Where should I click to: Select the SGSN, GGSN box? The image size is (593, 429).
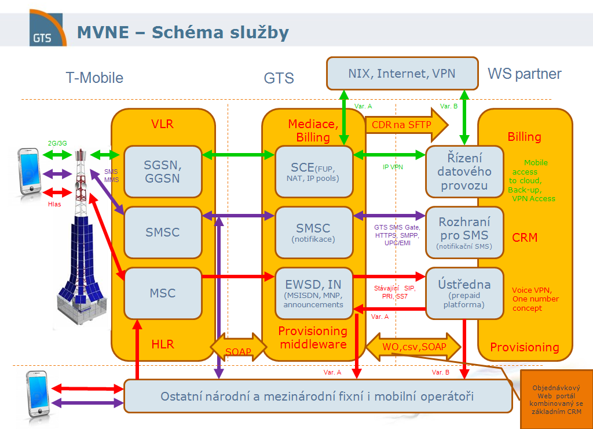pos(162,172)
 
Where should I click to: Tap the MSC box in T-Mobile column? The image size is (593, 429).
pos(162,293)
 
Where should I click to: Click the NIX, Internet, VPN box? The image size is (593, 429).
pos(402,74)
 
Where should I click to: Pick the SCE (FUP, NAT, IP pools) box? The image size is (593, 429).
pos(314,171)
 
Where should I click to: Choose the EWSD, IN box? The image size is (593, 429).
pos(314,293)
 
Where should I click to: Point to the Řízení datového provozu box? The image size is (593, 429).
pos(465,172)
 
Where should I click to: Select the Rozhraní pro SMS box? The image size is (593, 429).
pos(464,232)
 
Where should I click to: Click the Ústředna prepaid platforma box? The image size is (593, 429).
pos(464,293)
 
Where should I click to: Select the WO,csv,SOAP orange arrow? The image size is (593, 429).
pos(413,347)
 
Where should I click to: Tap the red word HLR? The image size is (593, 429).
pos(162,344)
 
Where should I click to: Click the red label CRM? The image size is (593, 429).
pos(525,238)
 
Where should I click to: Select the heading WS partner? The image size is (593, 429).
pos(525,74)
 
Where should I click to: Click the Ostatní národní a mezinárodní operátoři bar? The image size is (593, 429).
pos(317,397)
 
